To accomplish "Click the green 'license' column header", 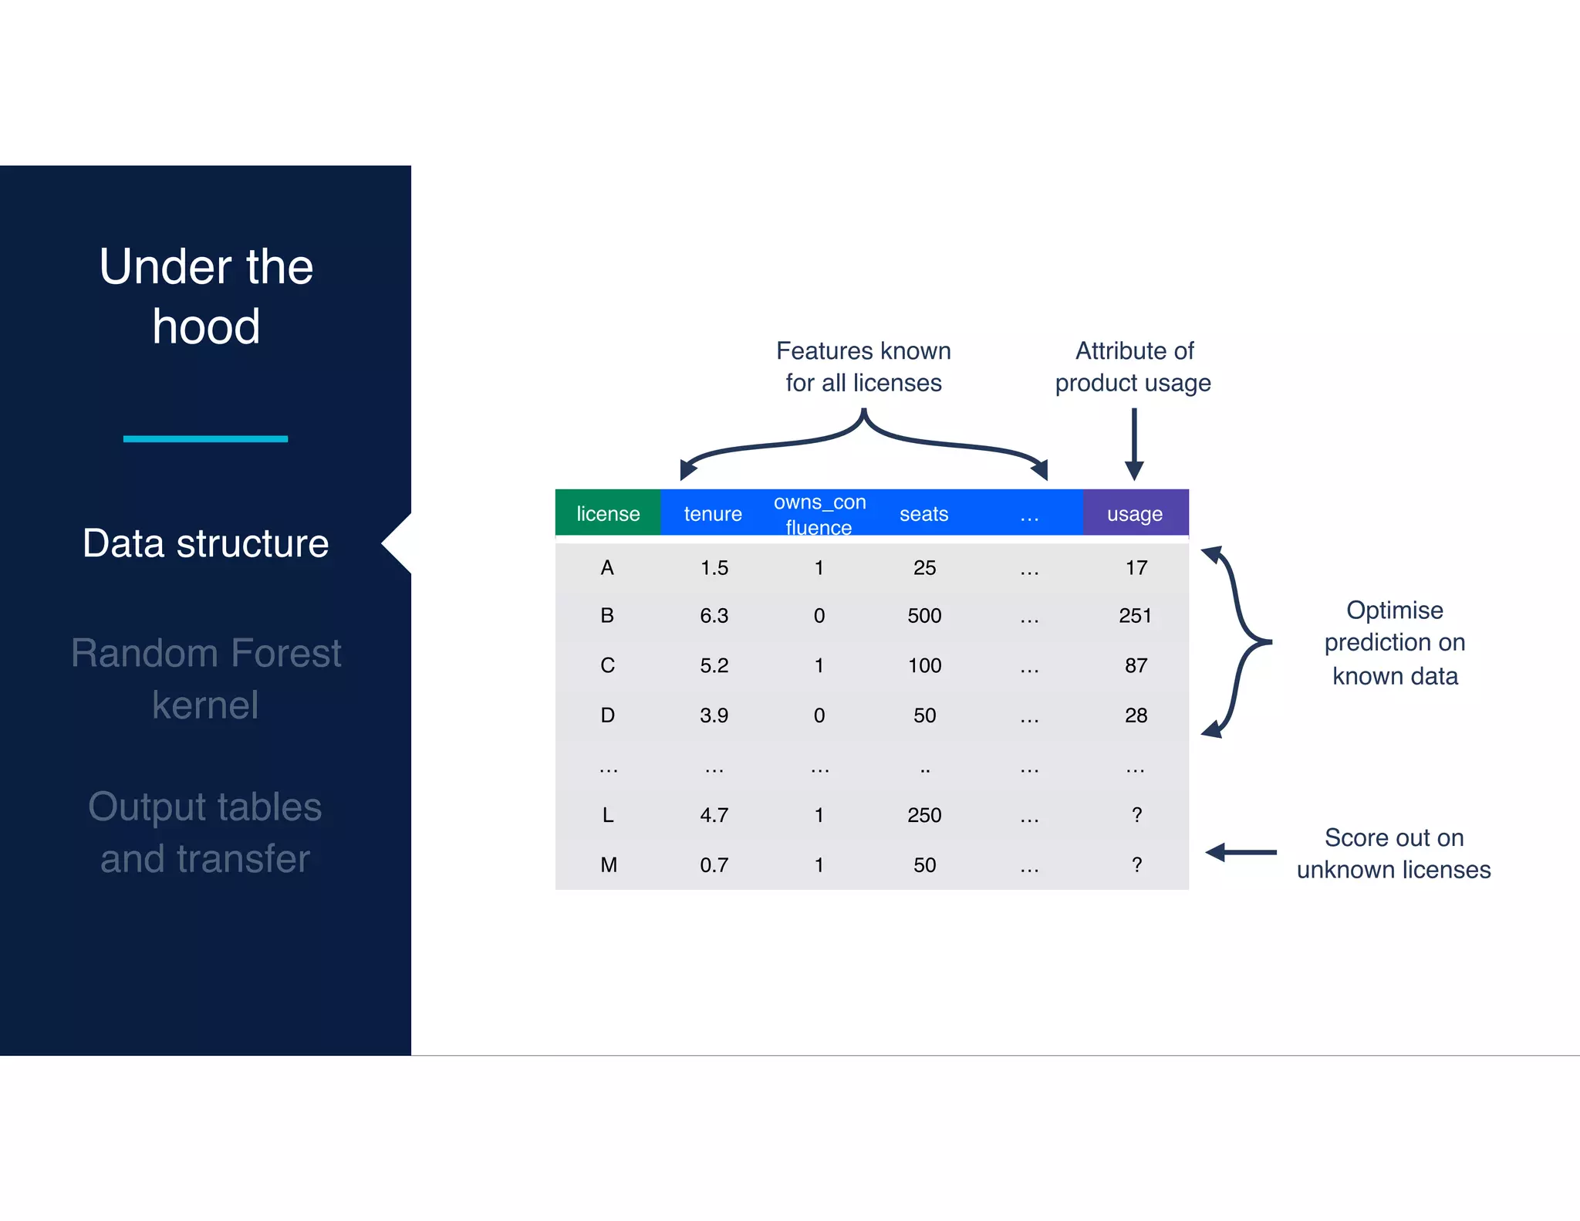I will [x=608, y=513].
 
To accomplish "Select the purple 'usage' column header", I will [x=1135, y=513].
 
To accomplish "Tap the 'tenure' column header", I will [x=713, y=513].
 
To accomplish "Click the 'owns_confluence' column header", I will [x=819, y=514].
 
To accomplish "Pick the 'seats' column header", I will [x=923, y=513].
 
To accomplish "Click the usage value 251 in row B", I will [x=1135, y=616].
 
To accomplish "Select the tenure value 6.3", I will [x=714, y=616].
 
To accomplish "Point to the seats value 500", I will [x=924, y=616].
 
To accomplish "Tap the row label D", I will [x=608, y=715].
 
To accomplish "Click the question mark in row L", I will [x=1136, y=815].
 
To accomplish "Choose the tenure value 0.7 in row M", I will [x=714, y=865].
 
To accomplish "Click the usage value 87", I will [x=1136, y=665].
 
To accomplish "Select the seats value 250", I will [x=924, y=815].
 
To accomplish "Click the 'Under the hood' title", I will [x=206, y=296].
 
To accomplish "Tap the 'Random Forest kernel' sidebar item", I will [x=206, y=678].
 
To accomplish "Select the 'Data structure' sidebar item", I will [x=206, y=543].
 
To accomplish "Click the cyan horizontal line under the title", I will [x=205, y=439].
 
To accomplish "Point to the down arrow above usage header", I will [x=1134, y=444].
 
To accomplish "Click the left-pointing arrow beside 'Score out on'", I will [x=1241, y=853].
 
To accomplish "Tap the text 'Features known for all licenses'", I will [x=863, y=367].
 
